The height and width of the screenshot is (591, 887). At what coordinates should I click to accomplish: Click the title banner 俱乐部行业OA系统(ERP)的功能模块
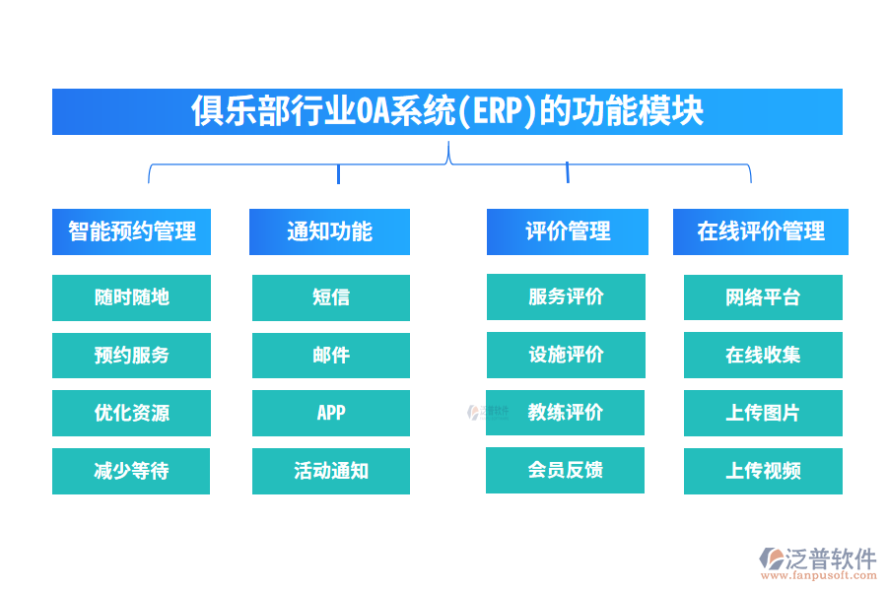[x=446, y=111]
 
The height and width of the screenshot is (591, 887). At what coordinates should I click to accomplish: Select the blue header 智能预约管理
[x=131, y=231]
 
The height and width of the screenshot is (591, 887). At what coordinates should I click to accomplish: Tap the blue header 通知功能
[x=329, y=231]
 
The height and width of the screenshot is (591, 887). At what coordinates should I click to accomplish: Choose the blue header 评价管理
[x=567, y=231]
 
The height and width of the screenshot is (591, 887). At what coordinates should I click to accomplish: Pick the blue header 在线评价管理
[x=760, y=231]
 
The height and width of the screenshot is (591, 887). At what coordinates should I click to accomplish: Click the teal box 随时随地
[x=131, y=297]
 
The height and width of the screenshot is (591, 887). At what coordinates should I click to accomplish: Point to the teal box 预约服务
[x=131, y=356]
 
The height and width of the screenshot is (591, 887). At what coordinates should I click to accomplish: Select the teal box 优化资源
[x=131, y=413]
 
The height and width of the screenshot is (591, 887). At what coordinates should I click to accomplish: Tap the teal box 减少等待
[x=131, y=471]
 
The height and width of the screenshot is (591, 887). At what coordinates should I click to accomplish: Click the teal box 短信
[x=330, y=297]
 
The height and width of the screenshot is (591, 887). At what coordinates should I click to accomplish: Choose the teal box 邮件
[x=330, y=356]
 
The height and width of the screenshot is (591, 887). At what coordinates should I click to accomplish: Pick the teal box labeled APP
[x=330, y=413]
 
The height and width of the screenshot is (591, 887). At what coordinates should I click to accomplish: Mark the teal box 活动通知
[x=330, y=471]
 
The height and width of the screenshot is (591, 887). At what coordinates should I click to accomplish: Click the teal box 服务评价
[x=566, y=296]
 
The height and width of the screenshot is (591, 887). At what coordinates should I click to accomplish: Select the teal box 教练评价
[x=565, y=412]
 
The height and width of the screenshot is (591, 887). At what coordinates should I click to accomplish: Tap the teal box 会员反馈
[x=565, y=470]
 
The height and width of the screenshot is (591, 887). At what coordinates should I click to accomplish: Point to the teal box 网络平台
[x=763, y=297]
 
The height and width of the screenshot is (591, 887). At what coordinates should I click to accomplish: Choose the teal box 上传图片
[x=763, y=413]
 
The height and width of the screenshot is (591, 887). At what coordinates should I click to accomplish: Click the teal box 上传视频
[x=763, y=471]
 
